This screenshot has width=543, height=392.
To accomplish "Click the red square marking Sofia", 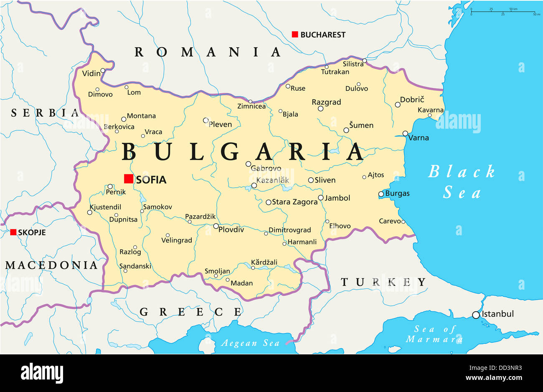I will tap(129, 179).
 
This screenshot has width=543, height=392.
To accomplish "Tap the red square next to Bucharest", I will tap(295, 35).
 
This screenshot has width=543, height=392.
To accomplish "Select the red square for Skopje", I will tap(13, 232).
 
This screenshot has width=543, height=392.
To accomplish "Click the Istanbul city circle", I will tap(476, 315).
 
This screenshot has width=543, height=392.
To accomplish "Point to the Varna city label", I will tap(419, 138).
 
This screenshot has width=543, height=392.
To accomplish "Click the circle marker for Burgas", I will tap(381, 194).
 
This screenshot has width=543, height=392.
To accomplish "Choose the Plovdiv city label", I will tap(231, 229).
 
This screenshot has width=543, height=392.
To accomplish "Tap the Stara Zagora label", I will tap(294, 202).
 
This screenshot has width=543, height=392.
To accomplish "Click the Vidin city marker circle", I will tap(103, 71).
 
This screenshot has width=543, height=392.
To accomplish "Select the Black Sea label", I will tap(462, 182).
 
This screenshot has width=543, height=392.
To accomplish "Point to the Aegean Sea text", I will tap(250, 343).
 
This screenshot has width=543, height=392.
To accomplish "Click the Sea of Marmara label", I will tap(434, 334).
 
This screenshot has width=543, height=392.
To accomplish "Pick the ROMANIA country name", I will tap(207, 52).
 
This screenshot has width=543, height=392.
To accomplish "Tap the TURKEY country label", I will tap(383, 282).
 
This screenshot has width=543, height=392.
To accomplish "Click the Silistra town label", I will tap(353, 64).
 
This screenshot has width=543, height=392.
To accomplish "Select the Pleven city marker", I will tap(206, 120).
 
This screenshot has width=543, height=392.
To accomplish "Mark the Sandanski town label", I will tap(135, 266).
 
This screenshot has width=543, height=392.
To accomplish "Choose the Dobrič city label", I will tap(412, 99).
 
